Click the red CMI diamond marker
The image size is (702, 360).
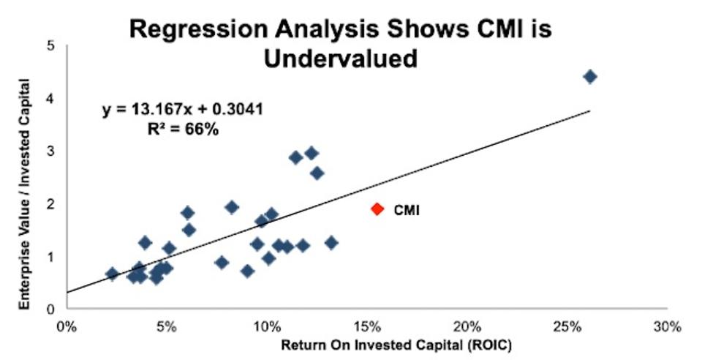point(377,209)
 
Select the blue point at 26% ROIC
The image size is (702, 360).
point(590,77)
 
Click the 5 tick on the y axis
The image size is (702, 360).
point(50,45)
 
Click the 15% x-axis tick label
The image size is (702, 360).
point(366,325)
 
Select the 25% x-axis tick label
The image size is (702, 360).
point(567,325)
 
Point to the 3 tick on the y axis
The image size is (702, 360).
point(50,151)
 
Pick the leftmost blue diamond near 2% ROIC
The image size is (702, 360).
point(112,274)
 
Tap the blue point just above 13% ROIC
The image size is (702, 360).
point(331,243)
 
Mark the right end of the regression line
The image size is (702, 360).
point(589,110)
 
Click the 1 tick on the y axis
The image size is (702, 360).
point(50,257)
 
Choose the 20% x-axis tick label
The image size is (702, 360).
point(467,325)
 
